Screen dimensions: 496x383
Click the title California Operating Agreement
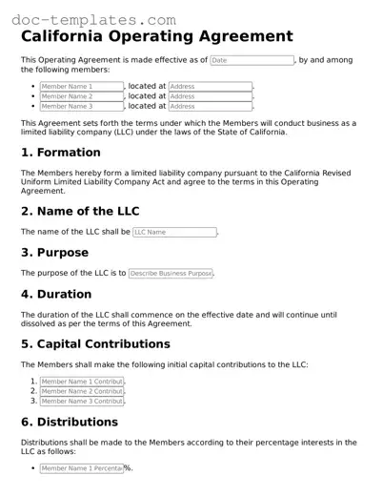pos(156,37)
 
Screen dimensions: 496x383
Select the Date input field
pos(252,60)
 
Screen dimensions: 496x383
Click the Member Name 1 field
pos(82,86)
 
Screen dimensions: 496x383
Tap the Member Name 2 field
pos(82,96)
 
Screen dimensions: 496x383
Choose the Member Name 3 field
pos(82,107)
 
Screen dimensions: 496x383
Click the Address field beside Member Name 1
pos(210,86)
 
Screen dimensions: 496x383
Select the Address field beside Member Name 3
pos(210,107)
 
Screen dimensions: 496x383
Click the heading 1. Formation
pos(61,153)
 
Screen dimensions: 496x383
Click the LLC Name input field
pos(174,232)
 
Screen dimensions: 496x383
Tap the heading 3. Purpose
pos(54,253)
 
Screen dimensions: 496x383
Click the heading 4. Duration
pos(56,294)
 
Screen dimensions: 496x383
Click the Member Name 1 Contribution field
pos(82,382)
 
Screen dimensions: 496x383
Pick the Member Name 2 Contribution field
pos(82,391)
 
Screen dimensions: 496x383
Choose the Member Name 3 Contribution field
pos(82,402)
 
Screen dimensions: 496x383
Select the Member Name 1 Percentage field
pos(81,468)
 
